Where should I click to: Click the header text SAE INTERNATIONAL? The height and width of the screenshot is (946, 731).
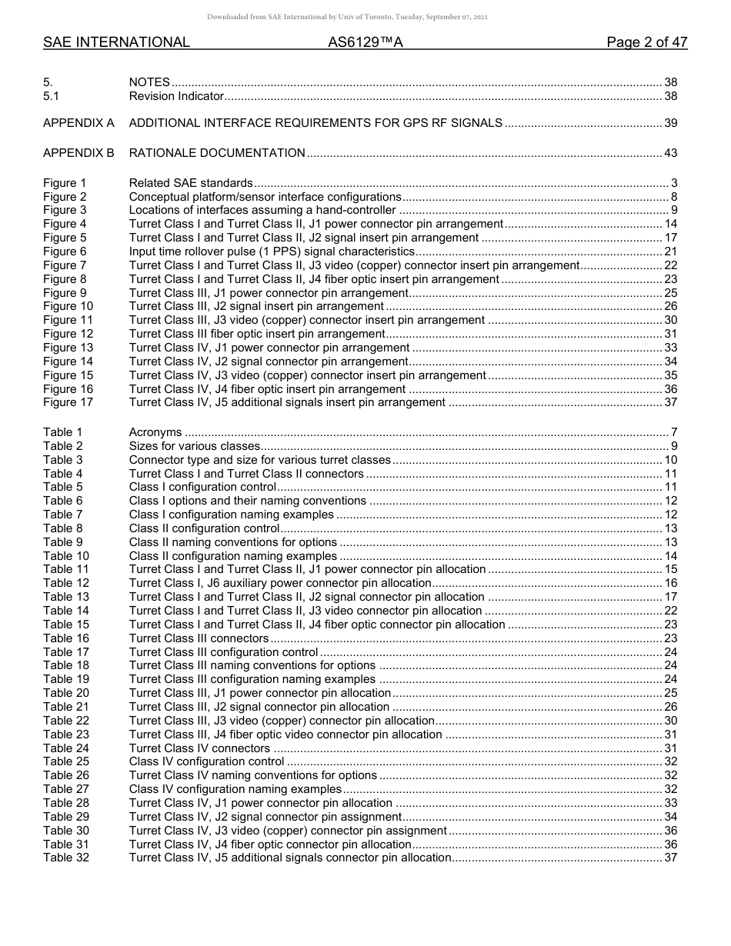point(116,42)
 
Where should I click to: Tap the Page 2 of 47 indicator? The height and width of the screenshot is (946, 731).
point(646,42)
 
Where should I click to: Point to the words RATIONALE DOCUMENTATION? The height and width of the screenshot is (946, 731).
point(217,153)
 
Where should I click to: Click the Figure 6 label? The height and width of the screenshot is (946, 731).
point(65,251)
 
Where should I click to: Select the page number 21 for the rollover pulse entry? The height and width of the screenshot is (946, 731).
point(670,251)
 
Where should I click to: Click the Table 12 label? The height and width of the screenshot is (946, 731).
point(66,583)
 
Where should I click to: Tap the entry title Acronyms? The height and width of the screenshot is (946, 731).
point(155,432)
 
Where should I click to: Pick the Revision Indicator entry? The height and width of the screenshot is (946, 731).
point(176,96)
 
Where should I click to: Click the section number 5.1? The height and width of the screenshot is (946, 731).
point(51,96)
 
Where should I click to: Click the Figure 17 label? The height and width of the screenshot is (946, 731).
point(68,402)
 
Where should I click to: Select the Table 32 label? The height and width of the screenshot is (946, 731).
point(66,858)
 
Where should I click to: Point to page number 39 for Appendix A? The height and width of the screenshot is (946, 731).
point(670,123)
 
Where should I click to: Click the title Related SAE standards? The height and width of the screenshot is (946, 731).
point(191,183)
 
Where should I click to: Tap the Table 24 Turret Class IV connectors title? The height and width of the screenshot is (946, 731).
point(199,748)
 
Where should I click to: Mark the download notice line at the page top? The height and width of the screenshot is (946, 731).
point(347,17)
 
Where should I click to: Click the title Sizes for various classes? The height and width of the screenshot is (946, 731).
point(195,446)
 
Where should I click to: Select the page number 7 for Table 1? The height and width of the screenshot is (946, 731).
point(673,432)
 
